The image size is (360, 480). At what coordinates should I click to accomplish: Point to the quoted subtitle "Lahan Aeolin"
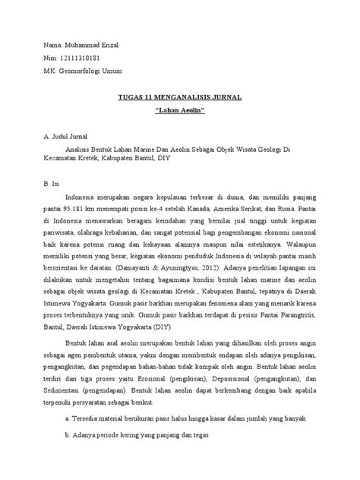[180, 112]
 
